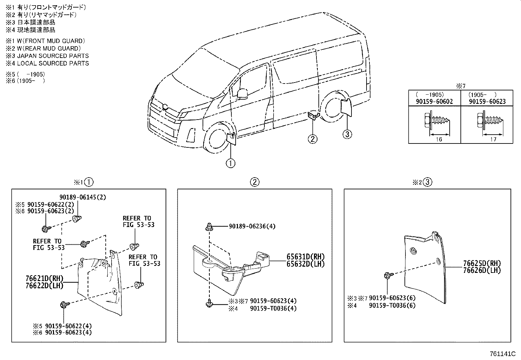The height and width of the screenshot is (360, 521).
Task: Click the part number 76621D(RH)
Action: click(44, 278)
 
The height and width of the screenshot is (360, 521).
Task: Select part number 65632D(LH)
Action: click(305, 264)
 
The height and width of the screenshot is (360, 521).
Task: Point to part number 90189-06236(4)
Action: click(252, 226)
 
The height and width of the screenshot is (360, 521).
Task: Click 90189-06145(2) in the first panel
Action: click(82, 197)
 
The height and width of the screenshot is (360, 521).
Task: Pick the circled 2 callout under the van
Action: click(313, 139)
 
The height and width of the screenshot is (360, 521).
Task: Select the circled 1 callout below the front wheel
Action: click(230, 163)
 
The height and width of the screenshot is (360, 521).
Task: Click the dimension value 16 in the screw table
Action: click(439, 139)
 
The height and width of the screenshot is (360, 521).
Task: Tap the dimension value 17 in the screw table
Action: click(493, 139)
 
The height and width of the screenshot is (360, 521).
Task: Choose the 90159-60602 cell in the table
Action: click(434, 102)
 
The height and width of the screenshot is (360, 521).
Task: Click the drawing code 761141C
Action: click(502, 354)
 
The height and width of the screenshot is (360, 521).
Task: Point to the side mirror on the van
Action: click(243, 94)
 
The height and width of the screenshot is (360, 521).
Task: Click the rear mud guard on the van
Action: click(346, 107)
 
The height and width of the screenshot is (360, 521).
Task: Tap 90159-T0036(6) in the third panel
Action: click(392, 305)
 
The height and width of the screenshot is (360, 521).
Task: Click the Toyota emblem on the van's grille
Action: click(165, 106)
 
